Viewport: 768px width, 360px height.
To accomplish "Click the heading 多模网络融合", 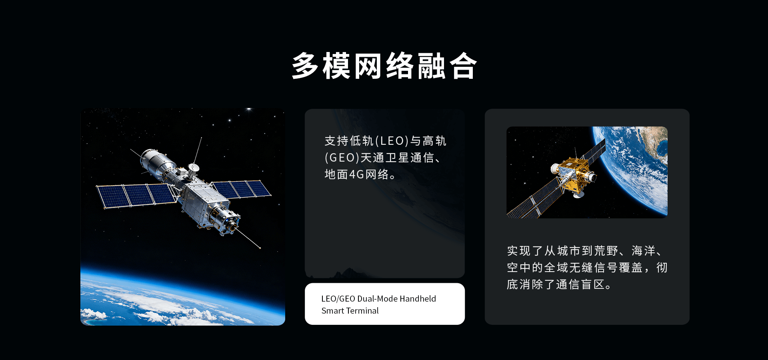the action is click(x=384, y=66).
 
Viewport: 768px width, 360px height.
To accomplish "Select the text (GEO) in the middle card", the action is click(x=342, y=158).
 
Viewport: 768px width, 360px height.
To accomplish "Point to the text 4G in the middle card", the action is click(x=356, y=174).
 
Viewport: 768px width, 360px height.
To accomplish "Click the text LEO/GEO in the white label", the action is click(x=338, y=299).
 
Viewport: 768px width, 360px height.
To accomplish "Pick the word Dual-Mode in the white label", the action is click(x=377, y=299).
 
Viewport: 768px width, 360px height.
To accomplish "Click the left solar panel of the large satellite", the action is click(x=136, y=195).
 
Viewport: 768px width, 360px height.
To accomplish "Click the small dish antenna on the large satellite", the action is click(x=194, y=167).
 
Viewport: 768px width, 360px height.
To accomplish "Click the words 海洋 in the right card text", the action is click(x=644, y=251).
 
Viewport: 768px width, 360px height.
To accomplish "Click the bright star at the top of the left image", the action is click(x=249, y=109).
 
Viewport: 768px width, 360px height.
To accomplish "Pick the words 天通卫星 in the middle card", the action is click(x=385, y=158).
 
